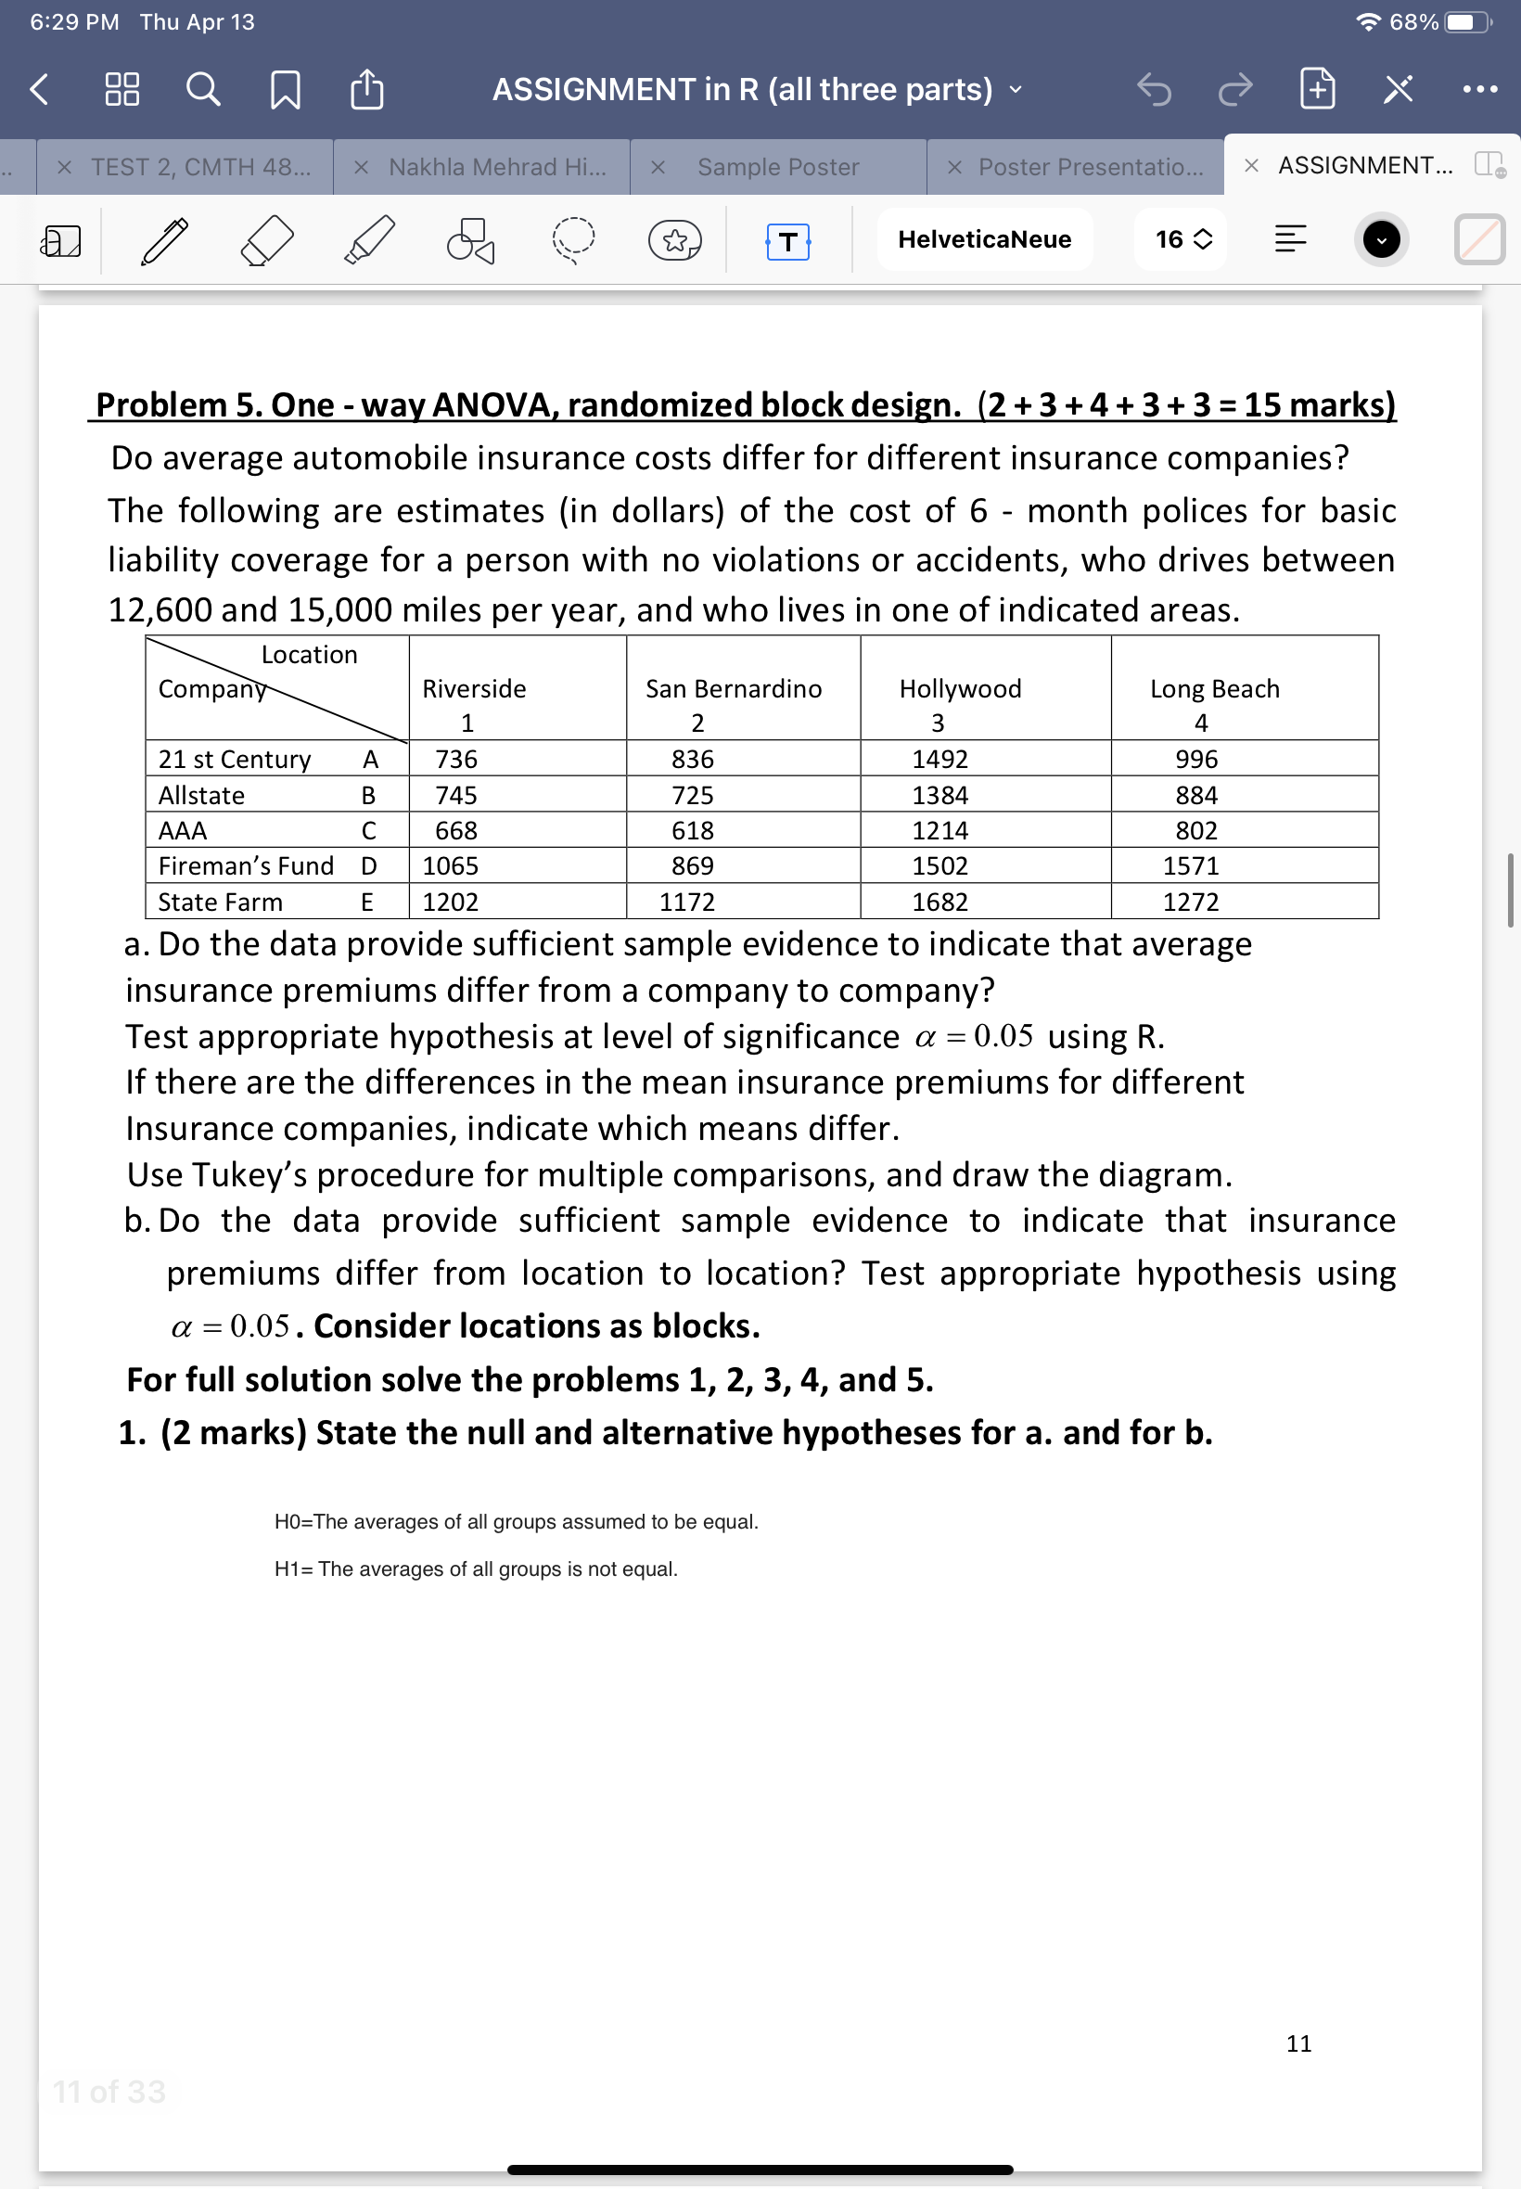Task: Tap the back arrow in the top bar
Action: coord(39,90)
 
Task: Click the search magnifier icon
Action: coord(202,90)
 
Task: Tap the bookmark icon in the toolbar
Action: coord(285,90)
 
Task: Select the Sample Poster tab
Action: coord(777,167)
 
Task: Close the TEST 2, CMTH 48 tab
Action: coord(64,168)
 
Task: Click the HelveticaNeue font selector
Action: coord(983,239)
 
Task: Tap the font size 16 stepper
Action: coord(1182,239)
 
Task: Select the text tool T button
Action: coord(787,241)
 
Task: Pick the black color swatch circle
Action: coord(1380,239)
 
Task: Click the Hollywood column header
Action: coord(960,688)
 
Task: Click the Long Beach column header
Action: coord(1214,688)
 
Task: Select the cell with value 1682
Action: coord(939,902)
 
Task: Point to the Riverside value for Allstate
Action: coord(455,795)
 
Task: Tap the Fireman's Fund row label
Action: coord(246,865)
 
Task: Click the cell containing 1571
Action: coord(1190,865)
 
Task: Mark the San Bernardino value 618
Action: coord(692,830)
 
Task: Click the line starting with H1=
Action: coord(476,1568)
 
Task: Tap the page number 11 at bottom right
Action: coord(1298,2043)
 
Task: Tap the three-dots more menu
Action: coord(1479,90)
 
